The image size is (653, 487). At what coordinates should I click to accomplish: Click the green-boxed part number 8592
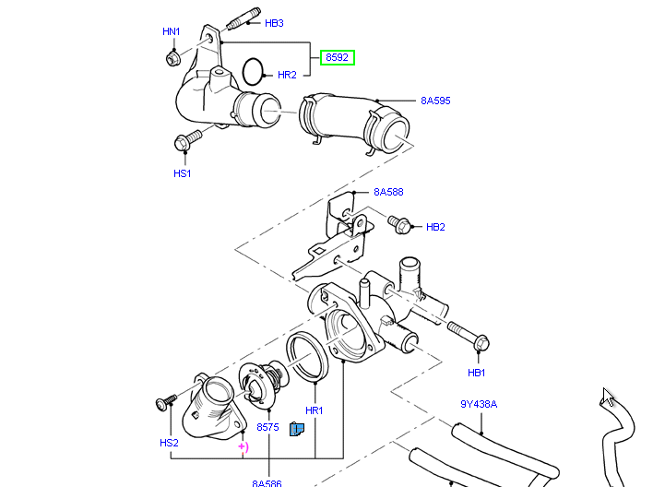[x=338, y=58]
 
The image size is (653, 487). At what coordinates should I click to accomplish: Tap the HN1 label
[x=172, y=32]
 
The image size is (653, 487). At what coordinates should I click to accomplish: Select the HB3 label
[x=274, y=23]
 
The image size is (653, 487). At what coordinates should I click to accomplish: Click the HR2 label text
[x=287, y=75]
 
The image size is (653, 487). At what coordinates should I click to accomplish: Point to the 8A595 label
[x=435, y=101]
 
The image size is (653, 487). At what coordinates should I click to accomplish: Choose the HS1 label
[x=182, y=173]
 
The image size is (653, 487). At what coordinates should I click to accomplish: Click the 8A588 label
[x=388, y=193]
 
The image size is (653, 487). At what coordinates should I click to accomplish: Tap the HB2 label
[x=435, y=227]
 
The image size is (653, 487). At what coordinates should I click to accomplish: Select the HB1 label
[x=476, y=373]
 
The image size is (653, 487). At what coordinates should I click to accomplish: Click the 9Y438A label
[x=479, y=404]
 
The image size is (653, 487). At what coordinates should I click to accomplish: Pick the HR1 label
[x=314, y=410]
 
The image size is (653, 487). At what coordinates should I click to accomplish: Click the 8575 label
[x=267, y=428]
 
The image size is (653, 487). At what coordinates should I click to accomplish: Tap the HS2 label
[x=169, y=443]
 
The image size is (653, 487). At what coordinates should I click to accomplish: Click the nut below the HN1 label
[x=172, y=59]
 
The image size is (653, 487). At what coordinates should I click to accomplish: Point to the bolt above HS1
[x=187, y=141]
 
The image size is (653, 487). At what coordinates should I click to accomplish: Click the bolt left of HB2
[x=399, y=223]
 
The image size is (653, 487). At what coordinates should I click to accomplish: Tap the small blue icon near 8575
[x=297, y=429]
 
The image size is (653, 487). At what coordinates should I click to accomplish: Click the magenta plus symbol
[x=243, y=446]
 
